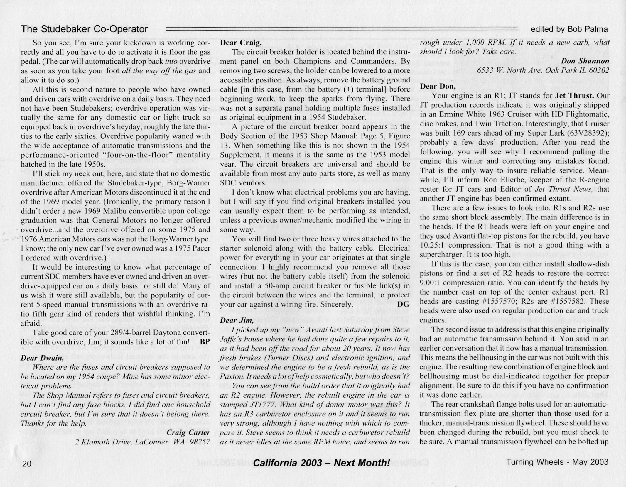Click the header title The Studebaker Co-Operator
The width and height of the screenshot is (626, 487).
[84, 29]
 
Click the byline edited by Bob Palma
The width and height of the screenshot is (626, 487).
[569, 29]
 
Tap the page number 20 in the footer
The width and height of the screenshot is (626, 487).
[27, 464]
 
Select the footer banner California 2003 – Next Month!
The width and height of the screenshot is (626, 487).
[321, 463]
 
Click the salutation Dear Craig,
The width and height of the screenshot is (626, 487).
[241, 43]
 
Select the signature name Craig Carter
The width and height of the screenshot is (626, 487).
[188, 433]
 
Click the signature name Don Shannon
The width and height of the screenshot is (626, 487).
[585, 61]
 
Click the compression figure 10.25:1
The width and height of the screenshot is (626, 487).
[432, 245]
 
